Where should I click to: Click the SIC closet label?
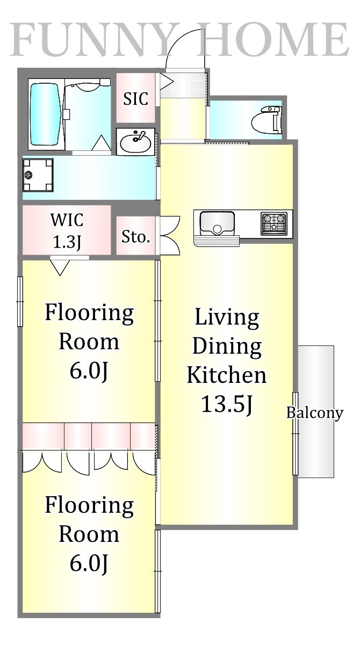(x=135, y=98)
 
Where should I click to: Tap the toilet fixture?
(x=266, y=120)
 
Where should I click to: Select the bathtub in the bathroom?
(x=45, y=114)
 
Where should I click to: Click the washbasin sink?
(x=135, y=142)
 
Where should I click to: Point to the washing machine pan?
(x=38, y=175)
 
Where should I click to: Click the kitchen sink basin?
(x=217, y=222)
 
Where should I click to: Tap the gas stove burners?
(x=274, y=223)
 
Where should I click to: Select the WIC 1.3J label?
(x=67, y=230)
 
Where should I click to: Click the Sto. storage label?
(x=135, y=237)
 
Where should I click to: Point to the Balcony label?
(x=315, y=413)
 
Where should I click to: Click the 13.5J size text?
(x=227, y=404)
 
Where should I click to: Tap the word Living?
(x=227, y=317)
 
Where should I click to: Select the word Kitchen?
(x=227, y=375)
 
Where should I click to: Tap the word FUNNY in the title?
(x=91, y=39)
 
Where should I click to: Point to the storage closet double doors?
(x=170, y=236)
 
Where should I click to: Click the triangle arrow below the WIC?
(x=60, y=267)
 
